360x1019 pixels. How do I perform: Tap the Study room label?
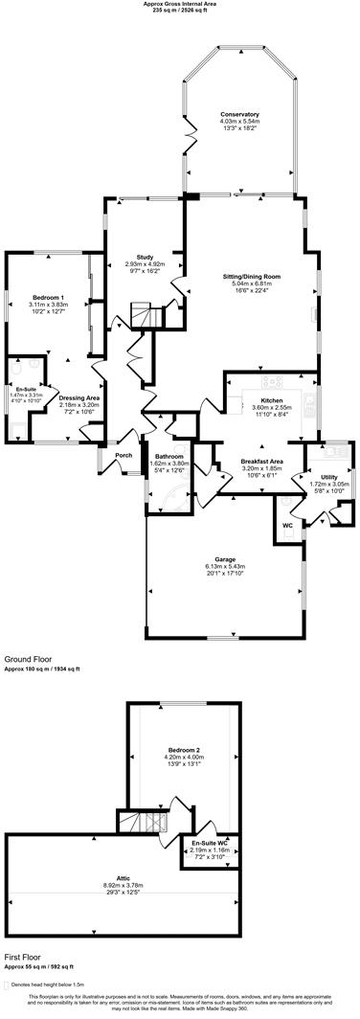click(x=146, y=257)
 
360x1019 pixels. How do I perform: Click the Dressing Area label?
click(x=79, y=397)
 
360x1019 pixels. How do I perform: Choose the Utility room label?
click(x=328, y=476)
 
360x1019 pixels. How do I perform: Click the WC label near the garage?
click(x=287, y=525)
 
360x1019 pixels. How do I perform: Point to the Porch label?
click(x=124, y=455)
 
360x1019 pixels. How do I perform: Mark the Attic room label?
click(x=123, y=884)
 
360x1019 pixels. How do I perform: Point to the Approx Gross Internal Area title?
click(x=180, y=4)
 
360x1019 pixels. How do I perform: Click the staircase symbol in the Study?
click(x=142, y=315)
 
